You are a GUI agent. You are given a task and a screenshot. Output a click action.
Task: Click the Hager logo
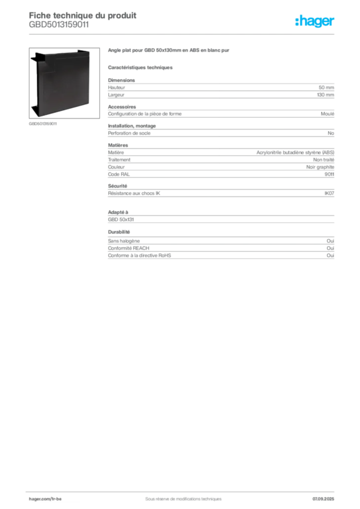pyautogui.click(x=315, y=21)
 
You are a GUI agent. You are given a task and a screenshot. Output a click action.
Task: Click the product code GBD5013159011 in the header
pyautogui.click(x=59, y=25)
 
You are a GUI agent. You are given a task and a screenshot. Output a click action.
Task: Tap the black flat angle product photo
pyautogui.click(x=64, y=83)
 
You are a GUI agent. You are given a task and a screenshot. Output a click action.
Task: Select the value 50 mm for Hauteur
pyautogui.click(x=326, y=87)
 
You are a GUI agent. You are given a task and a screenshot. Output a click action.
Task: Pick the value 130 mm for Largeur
pyautogui.click(x=325, y=95)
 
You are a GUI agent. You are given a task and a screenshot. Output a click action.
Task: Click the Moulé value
pyautogui.click(x=327, y=114)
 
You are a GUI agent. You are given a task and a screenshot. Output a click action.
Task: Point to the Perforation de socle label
pyautogui.click(x=129, y=133)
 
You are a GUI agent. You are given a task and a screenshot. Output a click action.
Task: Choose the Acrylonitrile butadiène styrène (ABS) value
pyautogui.click(x=295, y=153)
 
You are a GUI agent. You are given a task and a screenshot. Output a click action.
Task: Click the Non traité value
pyautogui.click(x=323, y=160)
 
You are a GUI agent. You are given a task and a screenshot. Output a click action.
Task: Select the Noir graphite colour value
pyautogui.click(x=320, y=167)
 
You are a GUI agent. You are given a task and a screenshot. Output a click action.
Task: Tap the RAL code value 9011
pyautogui.click(x=329, y=174)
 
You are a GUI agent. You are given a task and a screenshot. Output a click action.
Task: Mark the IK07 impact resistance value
pyautogui.click(x=329, y=193)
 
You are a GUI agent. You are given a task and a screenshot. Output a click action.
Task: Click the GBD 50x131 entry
pyautogui.click(x=121, y=219)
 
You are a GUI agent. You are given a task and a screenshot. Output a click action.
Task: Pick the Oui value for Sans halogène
pyautogui.click(x=330, y=241)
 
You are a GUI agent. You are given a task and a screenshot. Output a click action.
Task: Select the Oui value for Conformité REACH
pyautogui.click(x=330, y=248)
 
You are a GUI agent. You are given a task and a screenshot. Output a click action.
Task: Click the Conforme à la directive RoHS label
pyautogui.click(x=139, y=255)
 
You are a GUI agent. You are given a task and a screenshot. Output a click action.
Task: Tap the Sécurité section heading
pyautogui.click(x=117, y=186)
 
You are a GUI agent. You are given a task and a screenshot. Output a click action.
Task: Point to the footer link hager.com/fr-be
pyautogui.click(x=45, y=499)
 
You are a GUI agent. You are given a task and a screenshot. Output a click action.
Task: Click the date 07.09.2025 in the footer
pyautogui.click(x=323, y=499)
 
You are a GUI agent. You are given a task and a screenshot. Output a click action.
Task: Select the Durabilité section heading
pyautogui.click(x=119, y=232)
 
